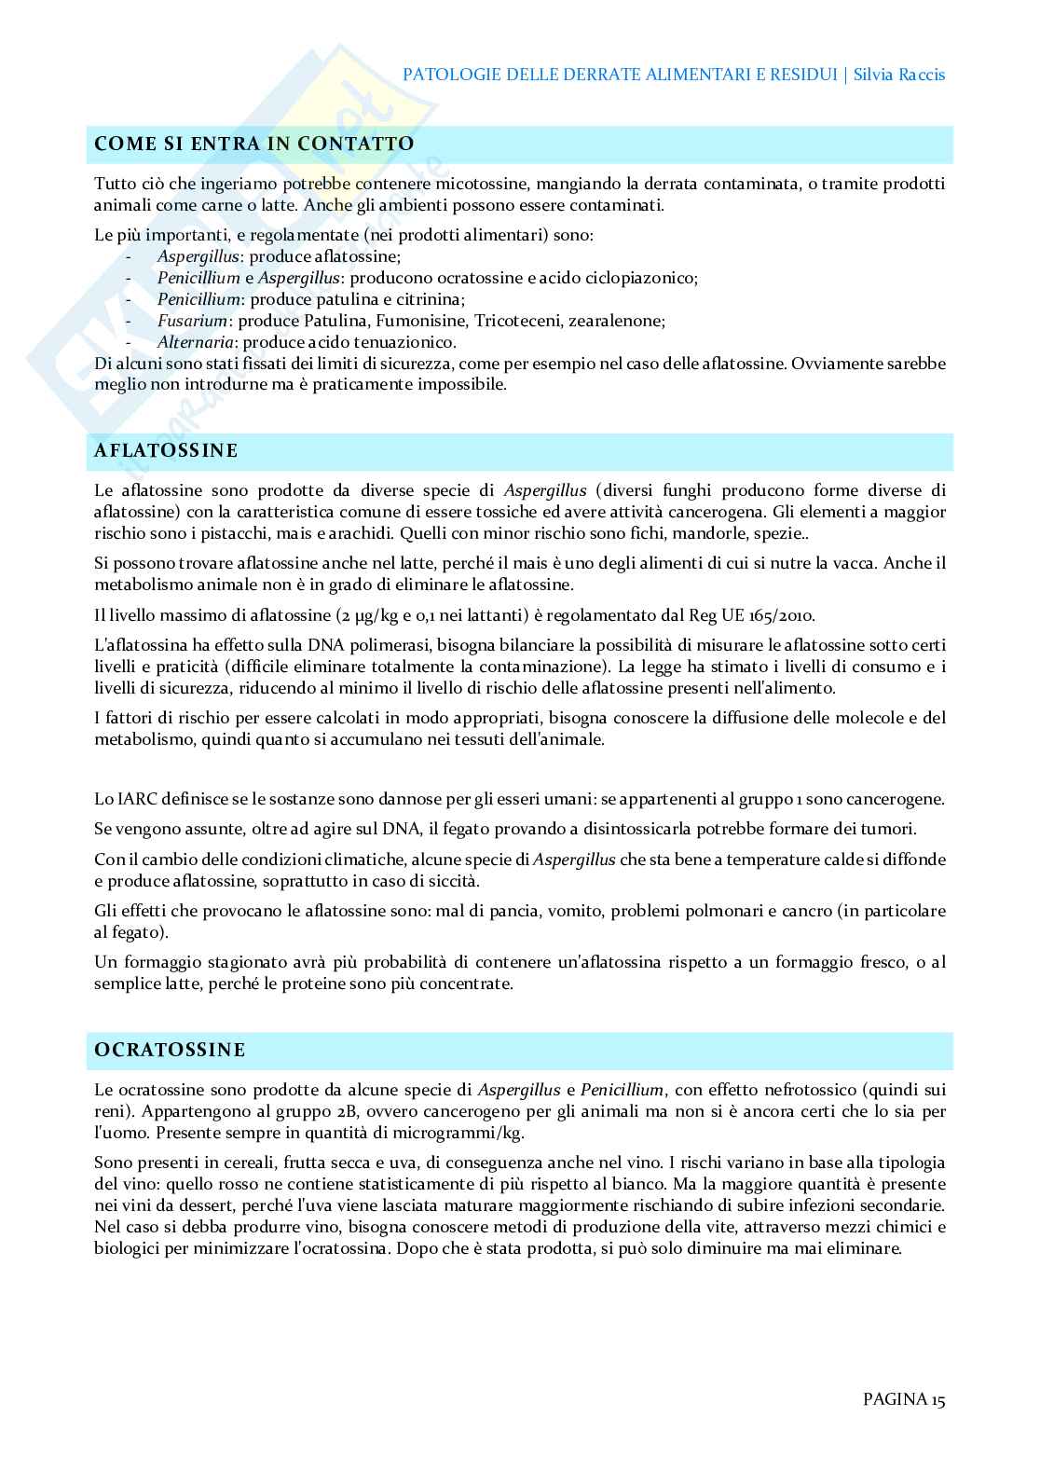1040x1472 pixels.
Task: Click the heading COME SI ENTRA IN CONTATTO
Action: click(254, 144)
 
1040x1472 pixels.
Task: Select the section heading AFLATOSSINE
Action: click(167, 451)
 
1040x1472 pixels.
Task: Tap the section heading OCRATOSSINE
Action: click(171, 1051)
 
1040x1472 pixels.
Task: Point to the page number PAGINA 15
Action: click(904, 1399)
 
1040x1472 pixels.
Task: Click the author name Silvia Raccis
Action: click(899, 75)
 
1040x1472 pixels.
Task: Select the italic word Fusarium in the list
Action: click(192, 321)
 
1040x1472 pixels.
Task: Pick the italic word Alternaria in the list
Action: click(195, 342)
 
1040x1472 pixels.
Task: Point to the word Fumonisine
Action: click(424, 321)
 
